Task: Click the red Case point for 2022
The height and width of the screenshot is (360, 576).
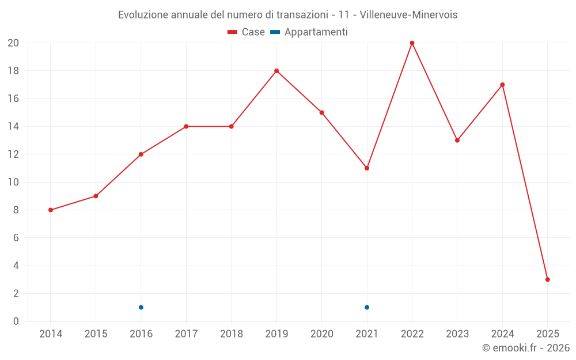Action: click(412, 43)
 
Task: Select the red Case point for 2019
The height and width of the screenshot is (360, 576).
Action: click(276, 71)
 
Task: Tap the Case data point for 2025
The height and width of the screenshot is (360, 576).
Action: click(547, 279)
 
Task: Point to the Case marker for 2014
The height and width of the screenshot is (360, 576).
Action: click(51, 210)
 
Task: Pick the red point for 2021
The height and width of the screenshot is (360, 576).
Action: click(367, 168)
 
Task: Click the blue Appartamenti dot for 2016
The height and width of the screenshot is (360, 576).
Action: click(141, 307)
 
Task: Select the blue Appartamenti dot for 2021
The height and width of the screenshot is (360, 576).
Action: click(367, 307)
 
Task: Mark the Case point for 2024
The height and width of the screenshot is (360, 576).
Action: click(502, 85)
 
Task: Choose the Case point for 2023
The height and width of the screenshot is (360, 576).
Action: click(457, 141)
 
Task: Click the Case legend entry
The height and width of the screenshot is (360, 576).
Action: click(247, 32)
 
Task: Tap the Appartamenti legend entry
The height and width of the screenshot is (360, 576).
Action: click(309, 32)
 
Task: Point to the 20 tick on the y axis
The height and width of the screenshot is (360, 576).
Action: click(13, 43)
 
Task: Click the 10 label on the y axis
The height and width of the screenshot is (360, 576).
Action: click(13, 182)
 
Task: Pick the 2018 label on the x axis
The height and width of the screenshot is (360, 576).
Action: click(232, 334)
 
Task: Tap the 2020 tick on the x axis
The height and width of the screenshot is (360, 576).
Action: click(322, 334)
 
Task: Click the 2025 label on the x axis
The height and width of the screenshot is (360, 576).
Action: click(547, 334)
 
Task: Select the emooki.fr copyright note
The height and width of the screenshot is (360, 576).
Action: click(526, 348)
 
